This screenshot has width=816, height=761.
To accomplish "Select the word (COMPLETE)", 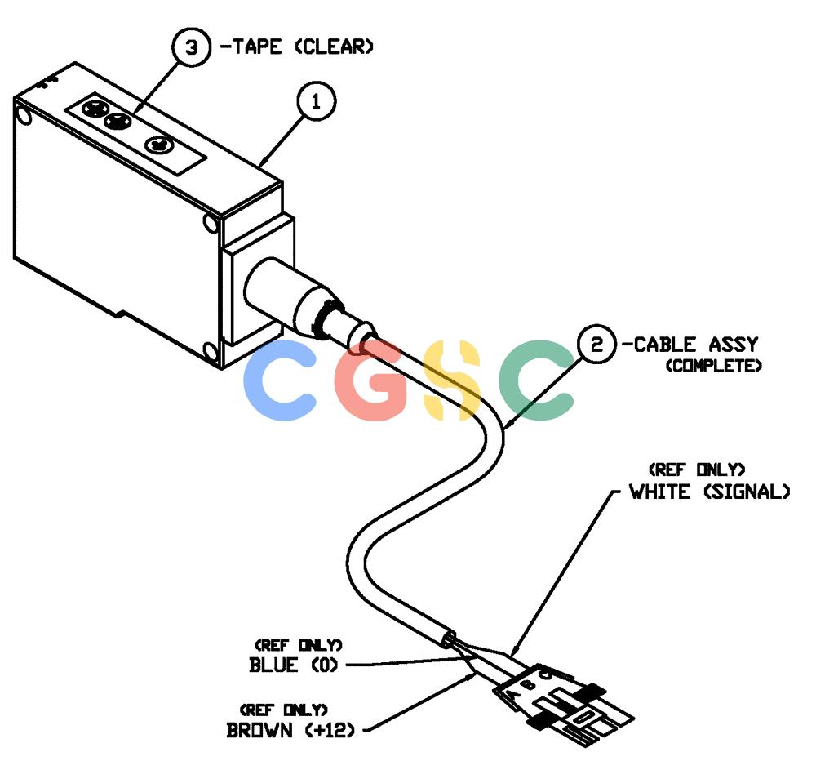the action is pyautogui.click(x=713, y=366).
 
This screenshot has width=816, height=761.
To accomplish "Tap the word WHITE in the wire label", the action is pyautogui.click(x=660, y=492).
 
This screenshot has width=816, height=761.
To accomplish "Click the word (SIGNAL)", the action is pyautogui.click(x=747, y=492).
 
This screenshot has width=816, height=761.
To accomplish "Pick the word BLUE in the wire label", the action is pyautogui.click(x=273, y=665).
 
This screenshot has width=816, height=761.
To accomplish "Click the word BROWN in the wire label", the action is pyautogui.click(x=259, y=730).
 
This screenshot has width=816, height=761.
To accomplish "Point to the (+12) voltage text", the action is pyautogui.click(x=330, y=730).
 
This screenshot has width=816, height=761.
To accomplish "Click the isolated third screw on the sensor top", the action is pyautogui.click(x=159, y=145).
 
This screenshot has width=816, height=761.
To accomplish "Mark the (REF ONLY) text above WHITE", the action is pyautogui.click(x=697, y=470).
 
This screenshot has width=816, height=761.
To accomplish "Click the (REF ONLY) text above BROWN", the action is pyautogui.click(x=284, y=710).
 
